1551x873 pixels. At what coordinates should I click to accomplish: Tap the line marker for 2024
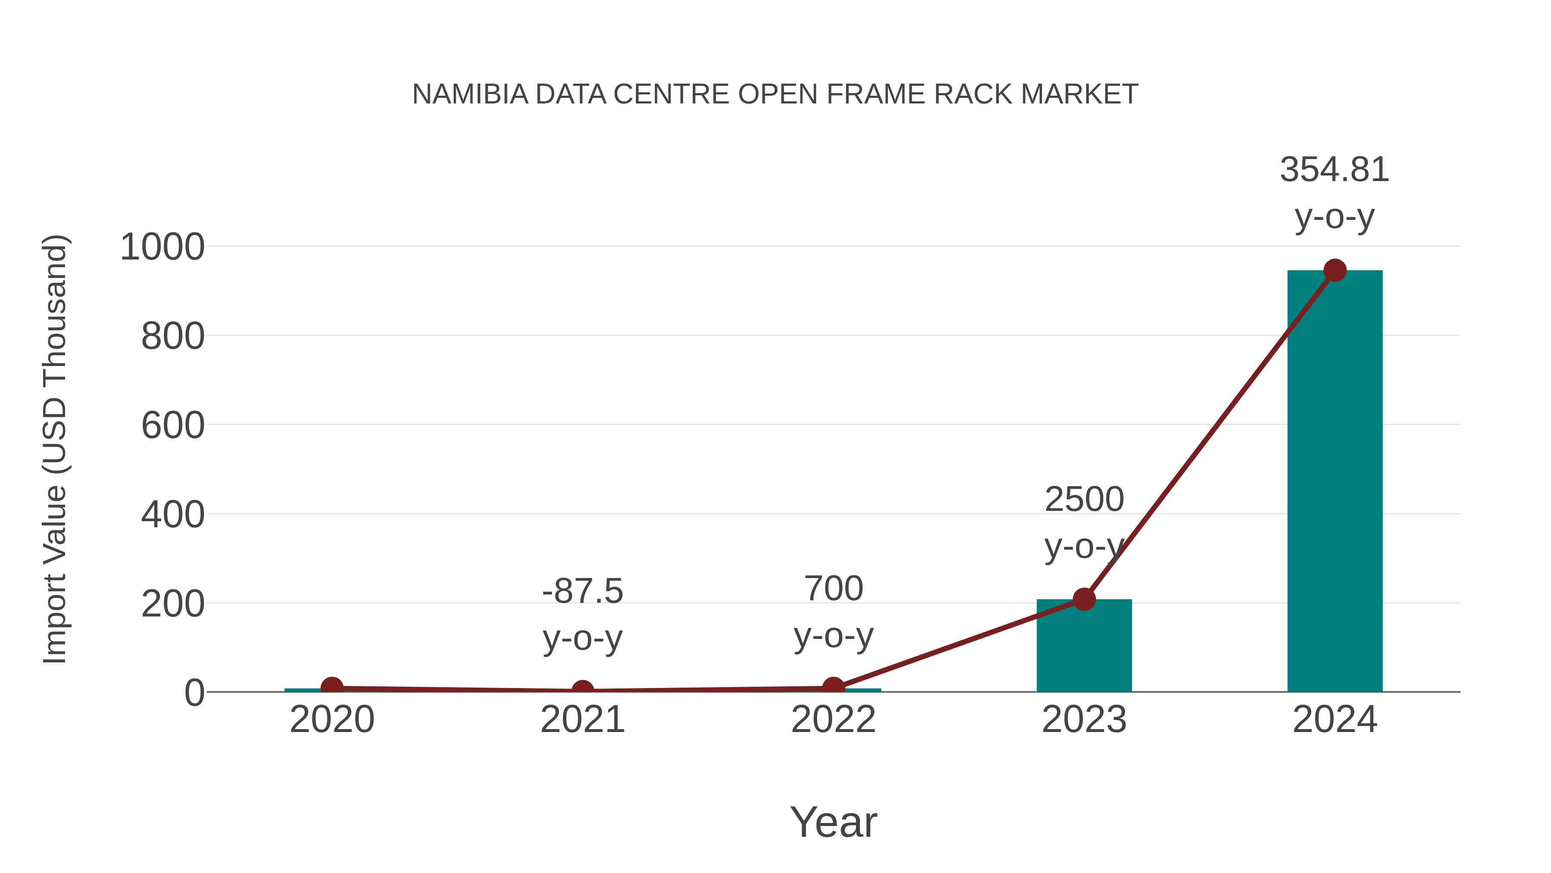coord(1335,270)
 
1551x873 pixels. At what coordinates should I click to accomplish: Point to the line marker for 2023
coord(1084,600)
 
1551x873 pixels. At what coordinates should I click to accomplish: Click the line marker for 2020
coord(332,687)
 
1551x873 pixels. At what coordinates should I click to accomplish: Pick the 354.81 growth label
coord(1334,170)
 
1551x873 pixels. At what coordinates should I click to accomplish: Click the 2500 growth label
coord(1084,500)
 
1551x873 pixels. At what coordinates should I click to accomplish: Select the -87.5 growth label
coord(582,591)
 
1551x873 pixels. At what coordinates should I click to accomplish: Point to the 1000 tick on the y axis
coord(162,247)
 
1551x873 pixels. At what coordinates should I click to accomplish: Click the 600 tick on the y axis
coord(173,426)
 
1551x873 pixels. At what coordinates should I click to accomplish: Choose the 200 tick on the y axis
coord(173,604)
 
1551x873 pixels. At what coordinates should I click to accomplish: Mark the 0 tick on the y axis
coord(194,693)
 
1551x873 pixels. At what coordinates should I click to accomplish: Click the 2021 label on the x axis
coord(582,720)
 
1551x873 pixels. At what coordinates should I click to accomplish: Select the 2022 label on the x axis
coord(833,720)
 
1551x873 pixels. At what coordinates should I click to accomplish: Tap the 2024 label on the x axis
coord(1334,720)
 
